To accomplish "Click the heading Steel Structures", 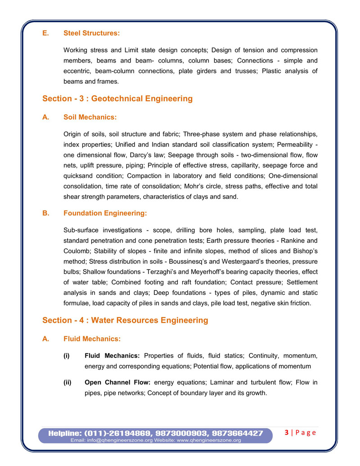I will point(92,33).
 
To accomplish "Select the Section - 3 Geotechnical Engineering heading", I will point(117,99).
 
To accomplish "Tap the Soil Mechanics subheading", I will point(90,117).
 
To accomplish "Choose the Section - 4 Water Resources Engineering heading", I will point(125,320).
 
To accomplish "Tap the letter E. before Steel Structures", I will point(45,33).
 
